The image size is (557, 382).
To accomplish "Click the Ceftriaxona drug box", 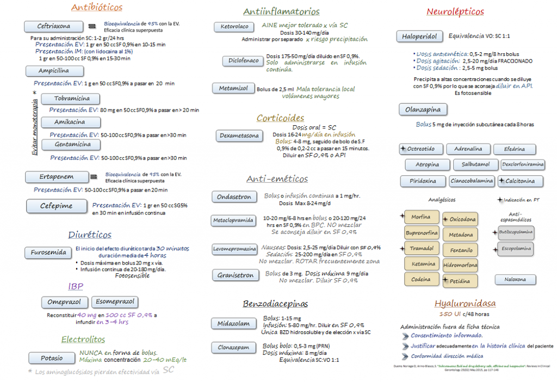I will click(54, 26).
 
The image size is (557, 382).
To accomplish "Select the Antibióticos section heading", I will click(97, 8).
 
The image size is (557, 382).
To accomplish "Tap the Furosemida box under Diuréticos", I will click(48, 252).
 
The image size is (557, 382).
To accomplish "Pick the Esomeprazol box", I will click(113, 302).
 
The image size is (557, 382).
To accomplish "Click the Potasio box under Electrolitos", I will click(52, 358).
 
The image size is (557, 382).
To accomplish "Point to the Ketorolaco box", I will click(234, 27).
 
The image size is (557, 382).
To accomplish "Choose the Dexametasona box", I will click(239, 135).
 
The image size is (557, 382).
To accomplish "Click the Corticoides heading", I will click(280, 118).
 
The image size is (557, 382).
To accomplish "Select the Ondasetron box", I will click(234, 197).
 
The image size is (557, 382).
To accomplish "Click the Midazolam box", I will click(233, 323).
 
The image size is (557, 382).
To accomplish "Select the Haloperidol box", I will click(419, 36).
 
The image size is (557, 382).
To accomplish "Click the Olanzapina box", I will click(423, 109).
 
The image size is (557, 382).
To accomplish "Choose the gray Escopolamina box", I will click(516, 249).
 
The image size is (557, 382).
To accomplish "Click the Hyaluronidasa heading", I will click(465, 304).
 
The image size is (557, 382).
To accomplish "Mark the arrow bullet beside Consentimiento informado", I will click(405, 336).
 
